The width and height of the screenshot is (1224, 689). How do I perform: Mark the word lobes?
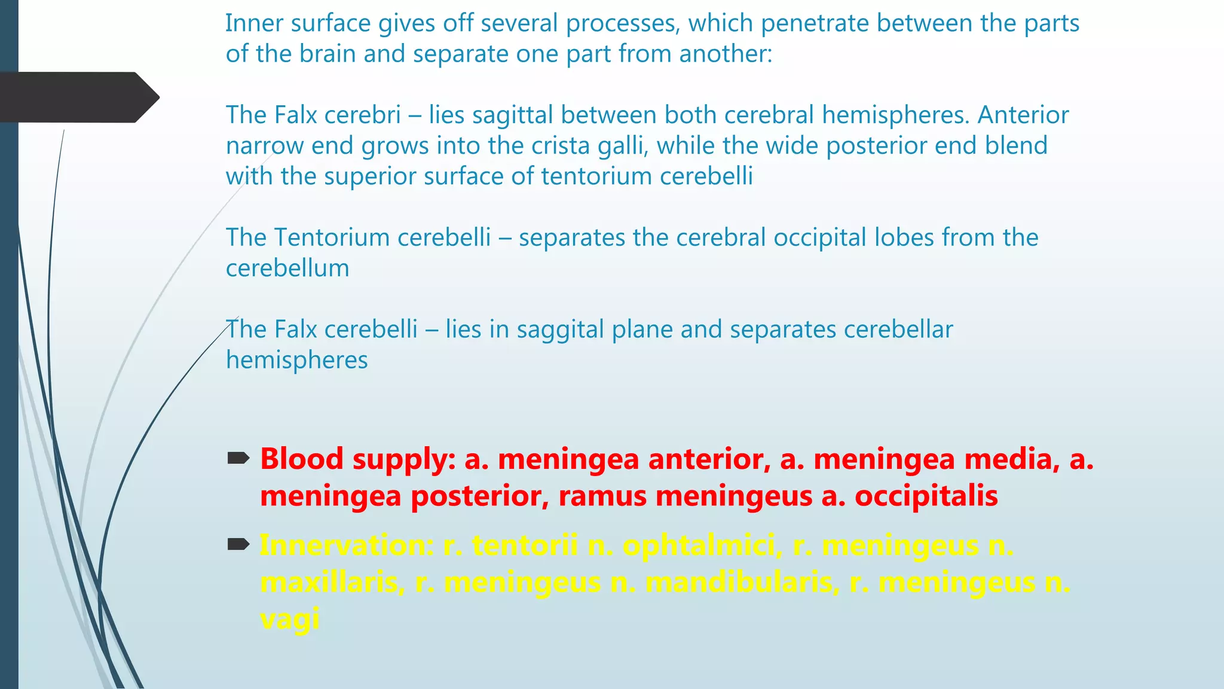tap(904, 237)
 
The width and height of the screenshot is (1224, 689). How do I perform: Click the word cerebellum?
tap(287, 268)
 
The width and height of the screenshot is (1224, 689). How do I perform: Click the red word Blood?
tap(301, 459)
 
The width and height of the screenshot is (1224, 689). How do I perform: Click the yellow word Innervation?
tap(347, 545)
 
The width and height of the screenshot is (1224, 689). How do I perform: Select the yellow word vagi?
tap(290, 618)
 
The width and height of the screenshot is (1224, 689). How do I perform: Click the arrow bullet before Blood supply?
tap(238, 459)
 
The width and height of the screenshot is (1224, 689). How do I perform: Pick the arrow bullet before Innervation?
tap(238, 544)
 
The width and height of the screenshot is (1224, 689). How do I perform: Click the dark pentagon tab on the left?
tap(78, 97)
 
